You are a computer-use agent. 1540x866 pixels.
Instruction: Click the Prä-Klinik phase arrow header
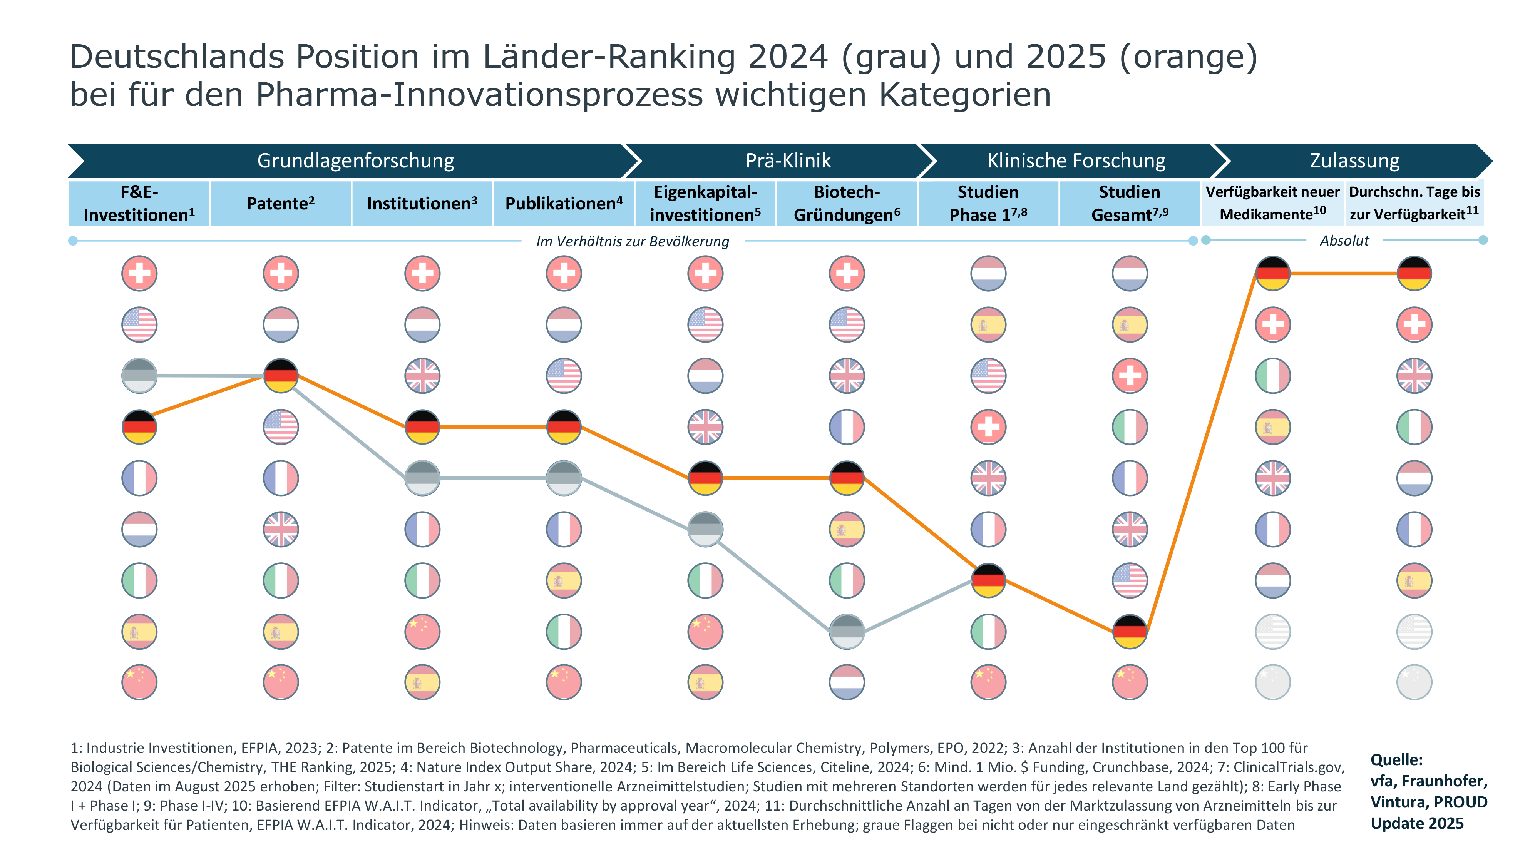click(788, 161)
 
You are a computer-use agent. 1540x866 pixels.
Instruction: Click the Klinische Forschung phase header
click(1076, 161)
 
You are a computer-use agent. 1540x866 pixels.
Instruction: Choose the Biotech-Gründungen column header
click(847, 203)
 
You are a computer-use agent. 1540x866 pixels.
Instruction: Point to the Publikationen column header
click(564, 203)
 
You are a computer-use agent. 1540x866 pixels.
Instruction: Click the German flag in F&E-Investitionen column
click(139, 427)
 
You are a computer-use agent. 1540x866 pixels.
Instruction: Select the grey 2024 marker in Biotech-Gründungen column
click(847, 631)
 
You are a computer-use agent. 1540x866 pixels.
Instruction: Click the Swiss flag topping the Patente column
click(281, 274)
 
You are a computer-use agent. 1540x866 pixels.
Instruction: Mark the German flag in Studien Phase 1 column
click(988, 580)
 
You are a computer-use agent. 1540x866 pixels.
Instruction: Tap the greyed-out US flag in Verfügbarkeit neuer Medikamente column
click(1273, 631)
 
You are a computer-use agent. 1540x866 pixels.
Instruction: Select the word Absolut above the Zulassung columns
click(1344, 241)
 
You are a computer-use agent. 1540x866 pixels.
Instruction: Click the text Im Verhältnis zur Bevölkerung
click(633, 241)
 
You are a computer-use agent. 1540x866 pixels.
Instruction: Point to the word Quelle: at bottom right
click(1396, 760)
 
